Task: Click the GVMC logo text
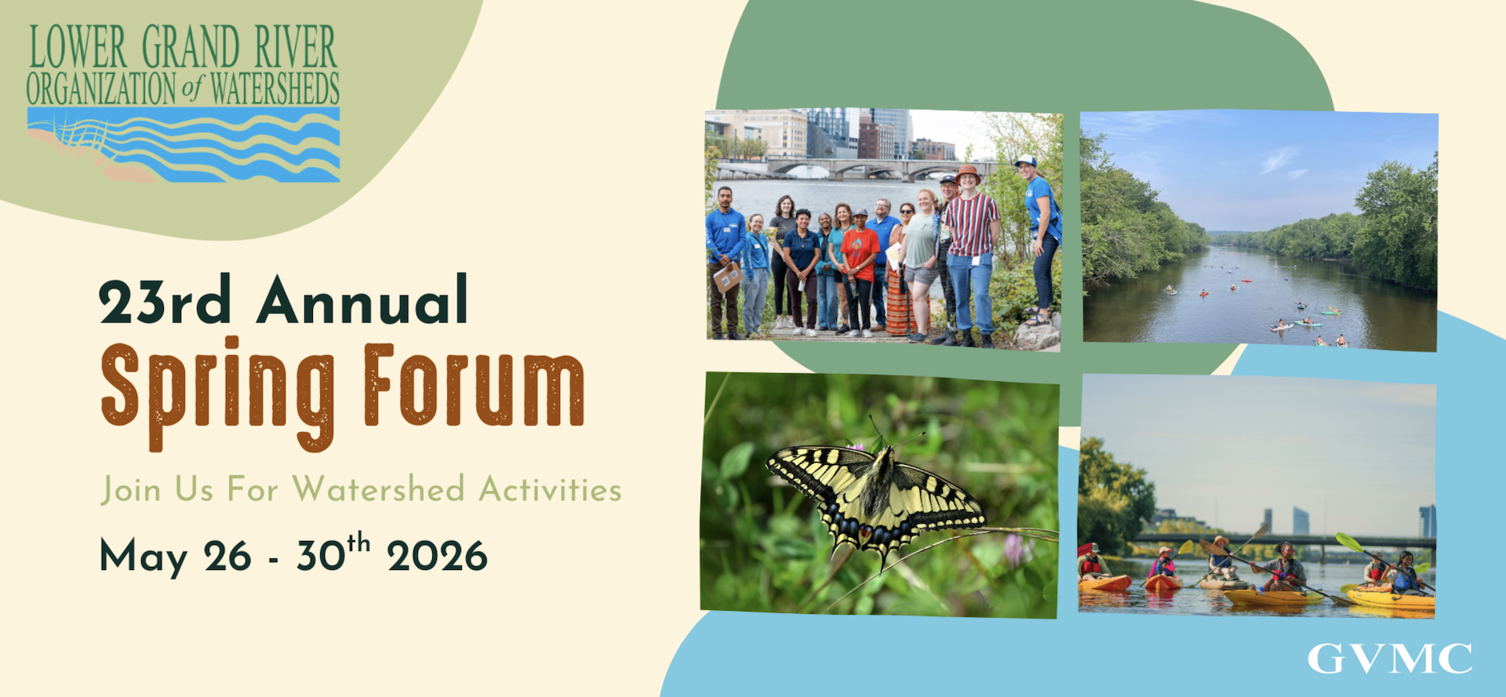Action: click(x=1389, y=659)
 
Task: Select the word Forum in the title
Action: click(x=475, y=385)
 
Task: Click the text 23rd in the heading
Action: click(x=166, y=301)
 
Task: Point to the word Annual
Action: click(x=363, y=299)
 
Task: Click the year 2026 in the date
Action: click(x=437, y=557)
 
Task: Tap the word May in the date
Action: click(x=144, y=558)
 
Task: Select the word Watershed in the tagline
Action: click(x=379, y=489)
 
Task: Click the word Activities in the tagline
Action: click(x=550, y=489)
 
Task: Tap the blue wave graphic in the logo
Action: click(x=184, y=145)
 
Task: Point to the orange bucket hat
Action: click(x=968, y=173)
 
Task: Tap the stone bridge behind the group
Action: click(x=855, y=169)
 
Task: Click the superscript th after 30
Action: click(x=358, y=542)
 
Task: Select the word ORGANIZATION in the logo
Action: click(x=101, y=89)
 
